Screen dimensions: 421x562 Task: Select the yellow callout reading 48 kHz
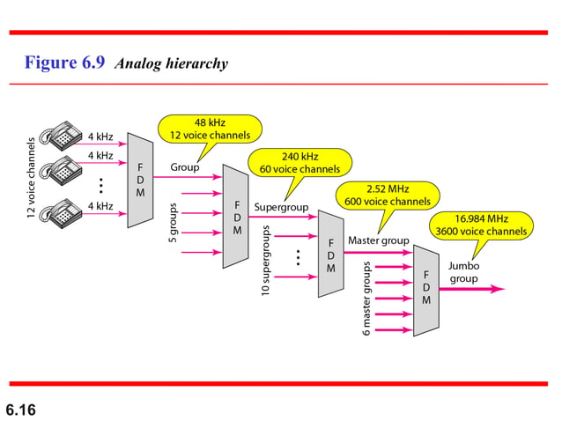[210, 129]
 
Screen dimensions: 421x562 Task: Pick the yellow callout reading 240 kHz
[299, 162]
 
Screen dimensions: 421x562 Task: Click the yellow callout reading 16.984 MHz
[481, 225]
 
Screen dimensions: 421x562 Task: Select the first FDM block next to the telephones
[141, 180]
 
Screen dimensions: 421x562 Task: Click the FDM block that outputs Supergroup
[236, 217]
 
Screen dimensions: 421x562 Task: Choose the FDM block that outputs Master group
[331, 255]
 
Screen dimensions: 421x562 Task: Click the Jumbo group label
[463, 272]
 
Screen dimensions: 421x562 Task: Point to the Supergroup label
[279, 208]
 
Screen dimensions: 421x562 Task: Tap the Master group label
[378, 240]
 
